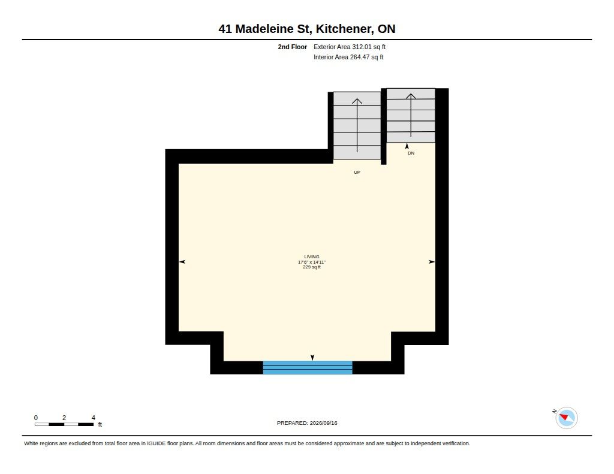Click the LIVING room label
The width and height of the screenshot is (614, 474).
(x=312, y=256)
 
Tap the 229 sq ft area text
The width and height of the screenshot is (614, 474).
(x=312, y=267)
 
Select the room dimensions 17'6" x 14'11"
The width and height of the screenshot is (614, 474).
(x=312, y=262)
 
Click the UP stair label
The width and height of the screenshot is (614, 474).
(x=357, y=172)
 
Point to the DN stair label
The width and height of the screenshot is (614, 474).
(x=411, y=153)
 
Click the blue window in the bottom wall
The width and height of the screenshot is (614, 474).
(x=308, y=367)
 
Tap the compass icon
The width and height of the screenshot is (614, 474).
(x=566, y=418)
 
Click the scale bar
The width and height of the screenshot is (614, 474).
(x=64, y=424)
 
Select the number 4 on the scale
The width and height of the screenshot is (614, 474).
(x=93, y=418)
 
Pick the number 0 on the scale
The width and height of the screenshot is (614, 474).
(x=36, y=418)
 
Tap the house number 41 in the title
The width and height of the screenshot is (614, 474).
(x=225, y=29)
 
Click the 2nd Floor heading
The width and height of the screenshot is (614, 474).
(x=293, y=47)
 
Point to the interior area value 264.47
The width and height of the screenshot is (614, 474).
(x=360, y=57)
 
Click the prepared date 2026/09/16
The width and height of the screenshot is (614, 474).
(x=323, y=423)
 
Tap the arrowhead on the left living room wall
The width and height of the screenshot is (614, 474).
(x=182, y=262)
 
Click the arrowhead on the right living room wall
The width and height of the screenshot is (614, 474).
(x=432, y=262)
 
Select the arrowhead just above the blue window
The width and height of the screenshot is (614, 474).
(x=312, y=358)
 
